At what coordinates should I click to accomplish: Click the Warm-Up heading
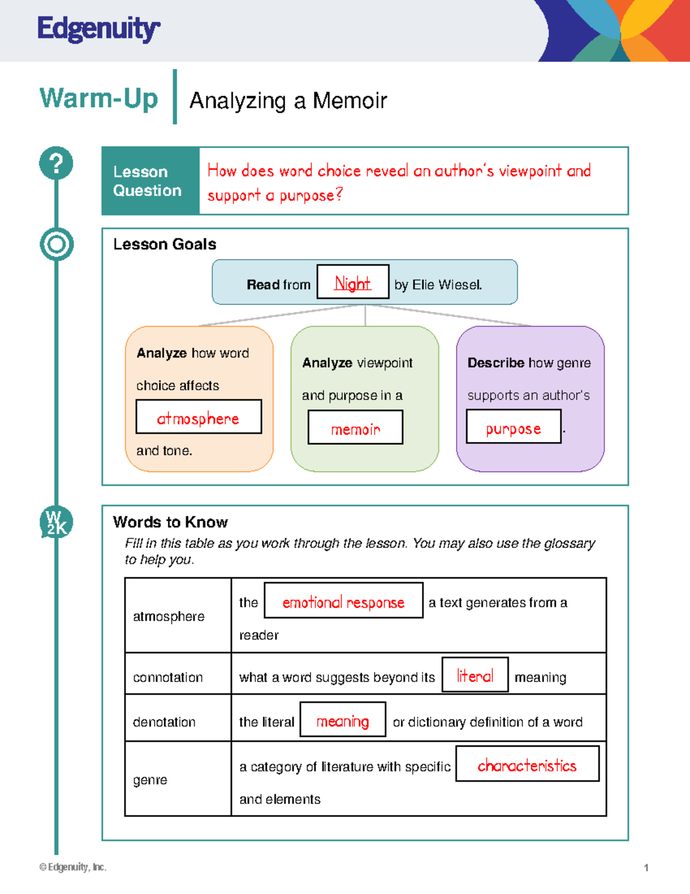pos(98,98)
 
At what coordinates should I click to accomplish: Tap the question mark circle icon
pos(56,163)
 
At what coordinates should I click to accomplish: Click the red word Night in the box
pos(352,283)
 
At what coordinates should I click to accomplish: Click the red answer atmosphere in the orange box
pos(198,418)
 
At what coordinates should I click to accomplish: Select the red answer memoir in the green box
pos(355,429)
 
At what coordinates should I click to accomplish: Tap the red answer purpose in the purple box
pos(513,428)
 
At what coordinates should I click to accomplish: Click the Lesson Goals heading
pos(164,244)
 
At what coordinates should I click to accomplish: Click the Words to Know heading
pos(170,522)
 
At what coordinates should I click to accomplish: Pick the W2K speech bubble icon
pos(56,522)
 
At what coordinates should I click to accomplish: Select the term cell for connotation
pos(168,678)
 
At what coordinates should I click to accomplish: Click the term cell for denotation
pos(164,722)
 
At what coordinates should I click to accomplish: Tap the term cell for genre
pos(150,780)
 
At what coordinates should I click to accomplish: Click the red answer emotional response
pos(343,602)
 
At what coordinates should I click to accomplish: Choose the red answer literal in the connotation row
pos(475,676)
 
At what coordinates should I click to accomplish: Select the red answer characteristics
pos(527,765)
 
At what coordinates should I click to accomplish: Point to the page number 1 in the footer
pos(646,868)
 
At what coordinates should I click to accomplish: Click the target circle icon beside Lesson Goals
pos(56,244)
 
